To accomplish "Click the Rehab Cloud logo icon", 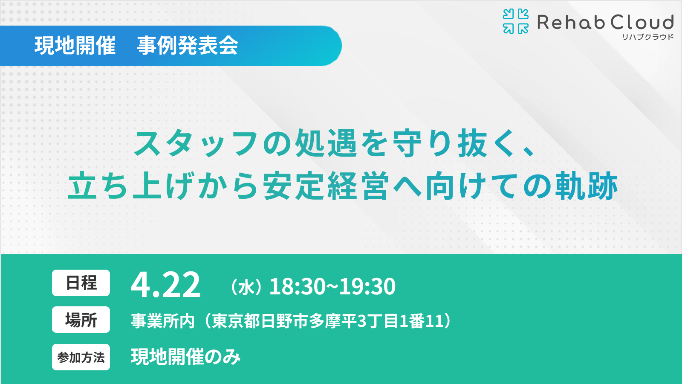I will [515, 21].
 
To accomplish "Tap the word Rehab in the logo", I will [571, 22].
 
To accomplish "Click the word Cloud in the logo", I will [642, 22].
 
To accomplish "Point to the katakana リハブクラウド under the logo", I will [647, 37].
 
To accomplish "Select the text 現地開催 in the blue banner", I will [75, 46].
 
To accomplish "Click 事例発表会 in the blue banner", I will [188, 46].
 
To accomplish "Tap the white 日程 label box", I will [81, 283].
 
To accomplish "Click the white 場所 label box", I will [81, 320].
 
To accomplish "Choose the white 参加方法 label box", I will [81, 357].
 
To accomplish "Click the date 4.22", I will [166, 285].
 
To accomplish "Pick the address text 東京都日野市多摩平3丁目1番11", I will [328, 321].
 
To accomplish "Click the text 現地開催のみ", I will [186, 357].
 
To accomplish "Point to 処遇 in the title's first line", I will [326, 143].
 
